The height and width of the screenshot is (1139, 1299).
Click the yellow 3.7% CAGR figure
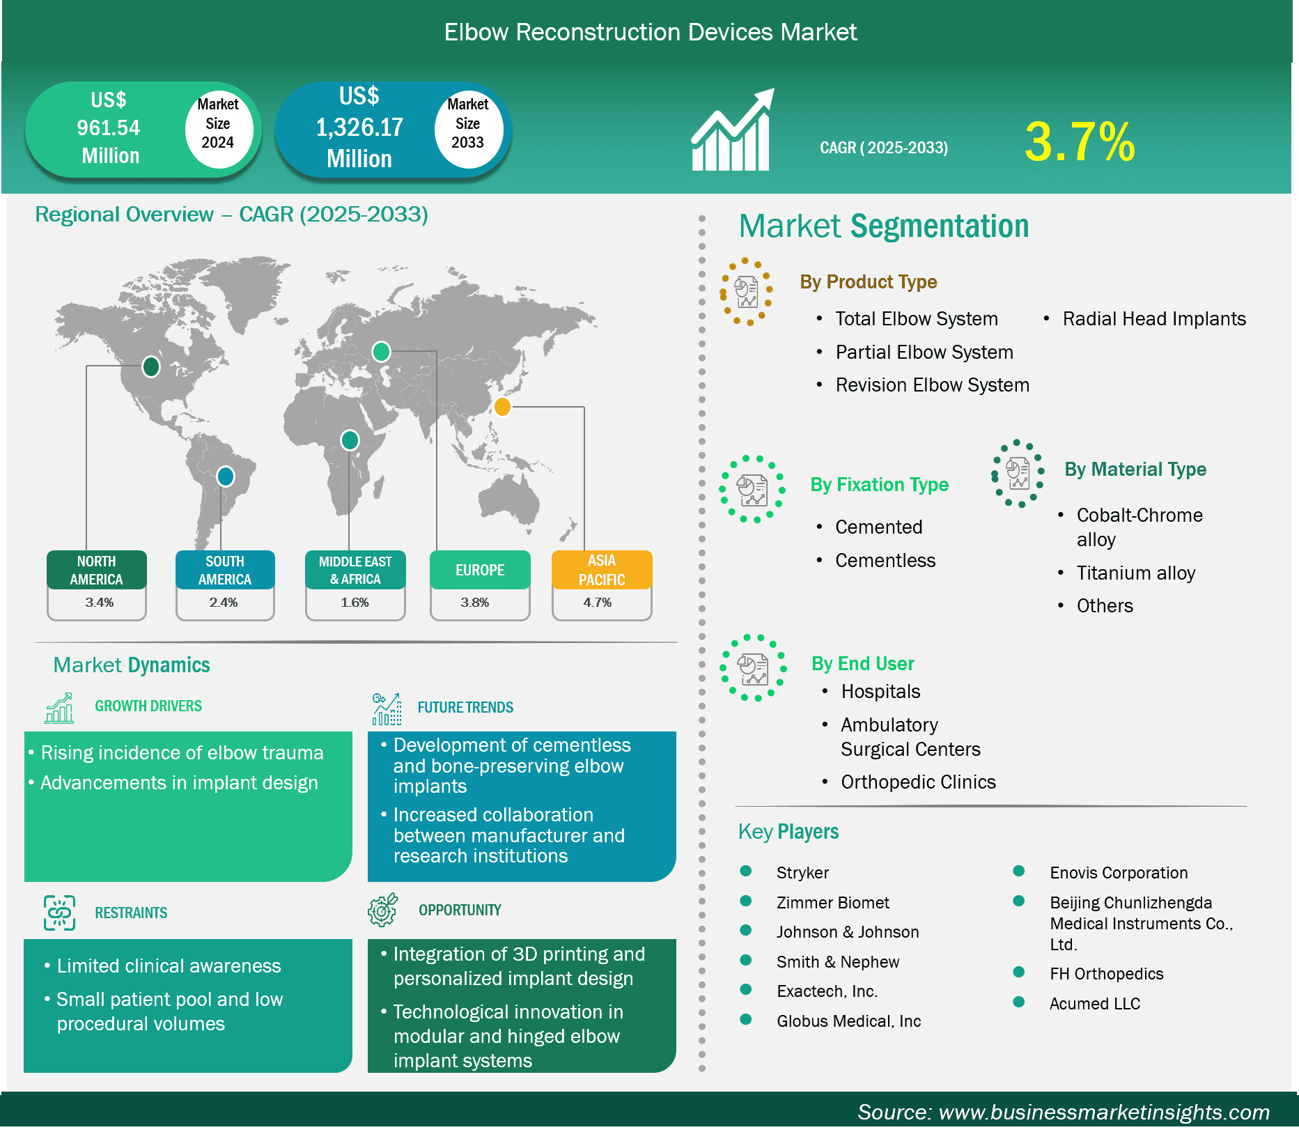(1080, 141)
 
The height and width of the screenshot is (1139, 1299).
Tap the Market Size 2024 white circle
(218, 128)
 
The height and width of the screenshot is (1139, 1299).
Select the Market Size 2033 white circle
(468, 129)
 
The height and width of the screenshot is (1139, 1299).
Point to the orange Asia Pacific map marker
(502, 406)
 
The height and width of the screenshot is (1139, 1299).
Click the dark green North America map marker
(151, 366)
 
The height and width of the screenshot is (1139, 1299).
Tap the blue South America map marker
(225, 476)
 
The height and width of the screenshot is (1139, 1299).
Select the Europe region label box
(480, 570)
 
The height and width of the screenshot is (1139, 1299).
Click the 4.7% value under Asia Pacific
(598, 603)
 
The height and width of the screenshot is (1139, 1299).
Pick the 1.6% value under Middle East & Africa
(355, 603)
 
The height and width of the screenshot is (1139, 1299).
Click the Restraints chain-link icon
(60, 913)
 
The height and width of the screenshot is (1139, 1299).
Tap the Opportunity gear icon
(383, 910)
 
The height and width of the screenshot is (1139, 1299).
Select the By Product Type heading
(869, 281)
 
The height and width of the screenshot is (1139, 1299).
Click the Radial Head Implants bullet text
(1154, 319)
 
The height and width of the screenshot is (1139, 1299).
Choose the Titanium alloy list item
(1136, 573)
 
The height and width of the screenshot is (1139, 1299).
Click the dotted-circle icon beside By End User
(753, 667)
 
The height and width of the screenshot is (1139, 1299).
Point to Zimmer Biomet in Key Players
(833, 903)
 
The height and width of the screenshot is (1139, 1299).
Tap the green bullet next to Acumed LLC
(1019, 1002)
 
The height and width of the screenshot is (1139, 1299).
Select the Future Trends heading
(465, 707)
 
